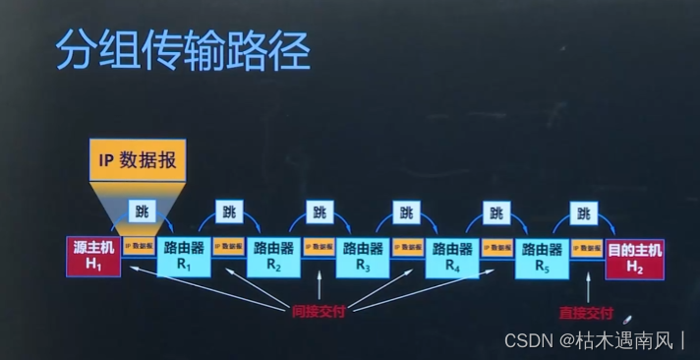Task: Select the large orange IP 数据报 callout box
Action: [138, 160]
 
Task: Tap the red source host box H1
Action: [93, 256]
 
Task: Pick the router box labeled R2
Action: [272, 256]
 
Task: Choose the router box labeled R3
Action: [363, 256]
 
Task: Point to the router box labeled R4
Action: [452, 256]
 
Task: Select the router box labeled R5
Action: [542, 256]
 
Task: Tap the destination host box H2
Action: [634, 256]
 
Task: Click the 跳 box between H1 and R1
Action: [140, 211]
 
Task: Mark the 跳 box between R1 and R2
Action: [229, 211]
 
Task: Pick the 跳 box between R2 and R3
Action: [319, 211]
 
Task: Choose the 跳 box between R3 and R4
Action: [406, 211]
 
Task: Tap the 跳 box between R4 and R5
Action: [496, 211]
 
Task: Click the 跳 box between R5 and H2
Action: [585, 211]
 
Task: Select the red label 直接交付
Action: [585, 315]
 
